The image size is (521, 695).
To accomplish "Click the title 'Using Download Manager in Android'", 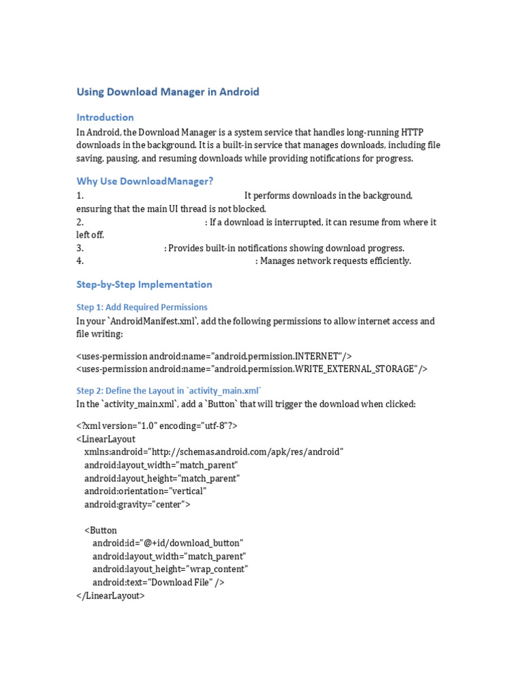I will (168, 92).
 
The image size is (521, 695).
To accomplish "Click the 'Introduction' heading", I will (105, 117).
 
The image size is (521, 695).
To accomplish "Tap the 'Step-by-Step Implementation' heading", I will (144, 284).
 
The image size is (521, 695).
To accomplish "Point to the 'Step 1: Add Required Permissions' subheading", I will (142, 307).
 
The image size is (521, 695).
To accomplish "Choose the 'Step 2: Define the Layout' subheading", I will (169, 391).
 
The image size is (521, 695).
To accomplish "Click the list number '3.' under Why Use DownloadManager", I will (80, 248).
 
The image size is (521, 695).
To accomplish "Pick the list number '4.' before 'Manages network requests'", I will (80, 261).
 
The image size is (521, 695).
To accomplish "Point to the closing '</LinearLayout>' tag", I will (111, 595).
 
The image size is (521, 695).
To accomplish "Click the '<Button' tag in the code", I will (100, 530).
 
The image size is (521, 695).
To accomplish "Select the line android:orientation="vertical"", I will (146, 491).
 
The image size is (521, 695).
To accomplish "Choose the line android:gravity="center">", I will (138, 504).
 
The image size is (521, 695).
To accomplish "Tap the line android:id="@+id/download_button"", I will (168, 543).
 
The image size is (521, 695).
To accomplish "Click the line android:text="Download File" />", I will (159, 582).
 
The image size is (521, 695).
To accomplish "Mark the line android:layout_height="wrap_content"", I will (170, 569).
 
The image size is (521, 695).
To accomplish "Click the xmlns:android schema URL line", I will (214, 452).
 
